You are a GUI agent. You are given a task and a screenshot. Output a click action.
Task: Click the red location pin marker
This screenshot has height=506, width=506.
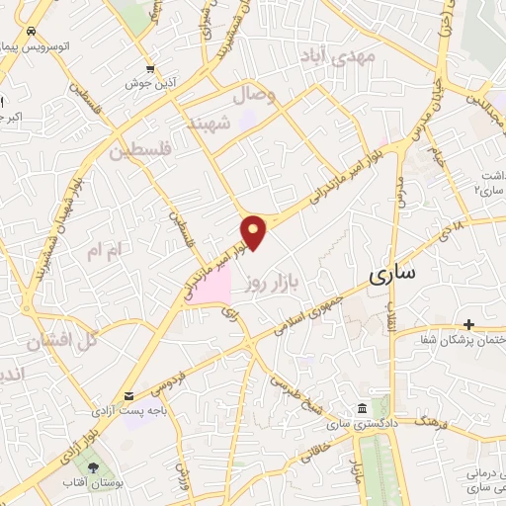tap(255, 232)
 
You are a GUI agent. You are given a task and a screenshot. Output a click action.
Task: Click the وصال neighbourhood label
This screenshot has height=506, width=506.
tap(252, 96)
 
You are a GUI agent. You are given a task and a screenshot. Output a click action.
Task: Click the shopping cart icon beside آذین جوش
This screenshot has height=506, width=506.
tap(149, 69)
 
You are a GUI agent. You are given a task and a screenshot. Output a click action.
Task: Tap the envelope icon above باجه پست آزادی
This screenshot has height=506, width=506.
tap(129, 396)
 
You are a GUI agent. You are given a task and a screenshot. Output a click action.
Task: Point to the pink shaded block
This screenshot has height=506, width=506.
tap(211, 287)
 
